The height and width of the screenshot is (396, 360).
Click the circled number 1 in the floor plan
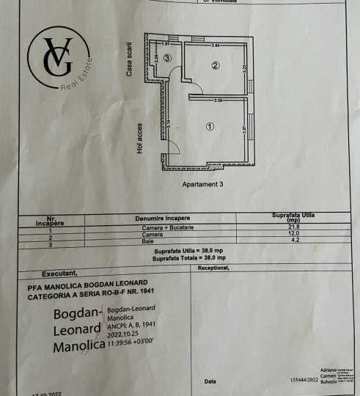click(210, 126)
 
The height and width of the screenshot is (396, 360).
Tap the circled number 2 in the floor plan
click(216, 66)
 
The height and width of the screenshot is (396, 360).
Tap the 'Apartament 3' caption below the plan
click(202, 185)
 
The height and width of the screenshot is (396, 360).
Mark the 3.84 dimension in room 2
click(216, 46)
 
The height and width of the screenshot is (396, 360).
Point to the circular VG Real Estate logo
click(59, 63)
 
